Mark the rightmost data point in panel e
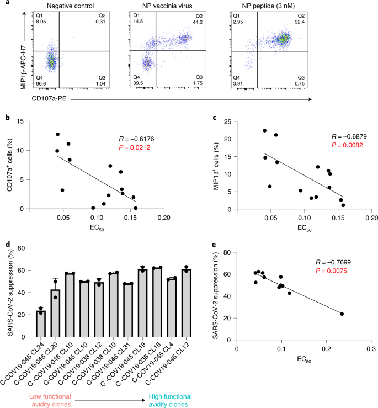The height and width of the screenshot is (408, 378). click(x=342, y=314)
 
